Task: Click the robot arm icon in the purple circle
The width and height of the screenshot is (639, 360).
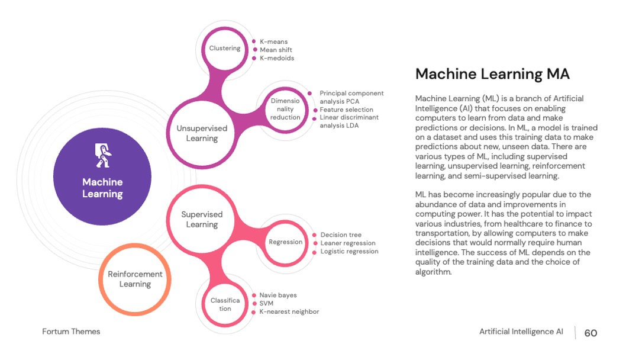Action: pos(103,155)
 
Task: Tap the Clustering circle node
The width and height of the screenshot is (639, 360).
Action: pos(225,49)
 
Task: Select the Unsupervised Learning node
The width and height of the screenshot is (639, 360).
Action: pos(202,133)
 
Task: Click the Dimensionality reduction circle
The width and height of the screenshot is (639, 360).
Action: pos(285,110)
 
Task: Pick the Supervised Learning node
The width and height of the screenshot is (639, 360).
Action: pos(202,219)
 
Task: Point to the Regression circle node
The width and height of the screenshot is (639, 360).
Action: pos(285,242)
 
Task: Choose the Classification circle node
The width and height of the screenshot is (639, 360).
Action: pos(225,304)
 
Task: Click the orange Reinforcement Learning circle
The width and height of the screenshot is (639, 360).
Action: pos(135,279)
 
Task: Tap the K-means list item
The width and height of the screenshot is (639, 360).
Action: pos(273,41)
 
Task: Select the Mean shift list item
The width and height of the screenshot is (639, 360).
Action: pos(276,50)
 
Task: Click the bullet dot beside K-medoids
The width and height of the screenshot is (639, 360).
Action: pos(254,58)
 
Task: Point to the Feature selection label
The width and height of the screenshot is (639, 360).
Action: pos(346,110)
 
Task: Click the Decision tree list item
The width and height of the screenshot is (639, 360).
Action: pos(341,235)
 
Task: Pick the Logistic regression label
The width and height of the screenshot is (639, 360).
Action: pos(349,252)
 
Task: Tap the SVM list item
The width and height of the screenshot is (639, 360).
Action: pos(266,303)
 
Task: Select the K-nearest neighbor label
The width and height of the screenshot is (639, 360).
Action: pos(289,312)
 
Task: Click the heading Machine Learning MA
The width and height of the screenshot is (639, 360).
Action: pos(492,74)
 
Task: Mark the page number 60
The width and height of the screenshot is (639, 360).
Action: pos(590,333)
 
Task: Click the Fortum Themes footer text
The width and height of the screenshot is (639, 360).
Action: pos(71,332)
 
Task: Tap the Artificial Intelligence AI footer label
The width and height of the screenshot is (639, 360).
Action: pos(521,332)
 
